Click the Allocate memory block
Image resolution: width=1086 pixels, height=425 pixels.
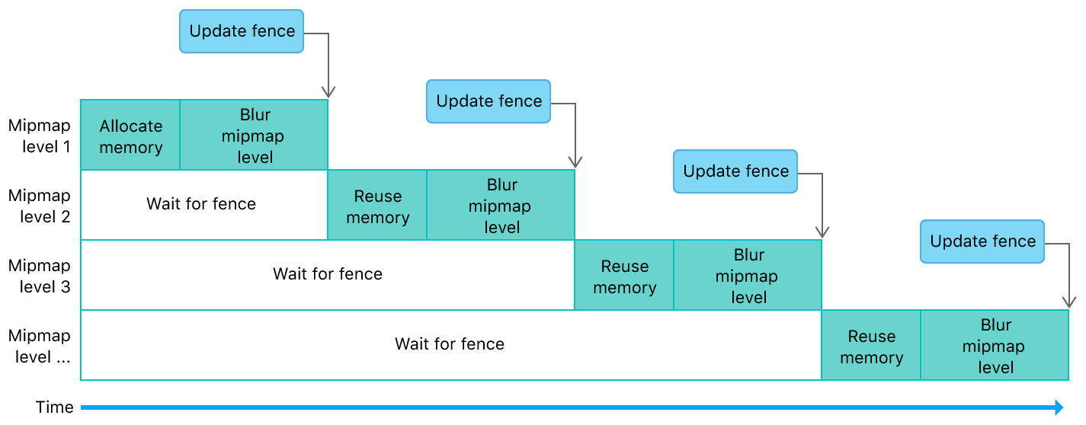click(130, 135)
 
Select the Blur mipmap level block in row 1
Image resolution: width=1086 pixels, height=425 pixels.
click(254, 135)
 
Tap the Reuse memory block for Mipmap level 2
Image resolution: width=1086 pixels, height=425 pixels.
click(377, 205)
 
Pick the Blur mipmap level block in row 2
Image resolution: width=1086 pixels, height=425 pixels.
click(501, 205)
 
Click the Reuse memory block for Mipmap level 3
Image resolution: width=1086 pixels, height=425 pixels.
click(624, 275)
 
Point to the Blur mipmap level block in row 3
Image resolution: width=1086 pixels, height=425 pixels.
click(748, 275)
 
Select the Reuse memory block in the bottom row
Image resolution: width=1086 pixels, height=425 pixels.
click(871, 345)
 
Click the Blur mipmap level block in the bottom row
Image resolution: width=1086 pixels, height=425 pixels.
click(995, 345)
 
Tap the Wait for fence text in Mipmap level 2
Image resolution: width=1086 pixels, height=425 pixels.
click(201, 204)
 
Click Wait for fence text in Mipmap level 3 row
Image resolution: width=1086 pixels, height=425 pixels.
click(328, 274)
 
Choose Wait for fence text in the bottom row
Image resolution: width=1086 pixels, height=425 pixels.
click(450, 344)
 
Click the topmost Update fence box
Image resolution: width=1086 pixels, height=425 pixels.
click(242, 31)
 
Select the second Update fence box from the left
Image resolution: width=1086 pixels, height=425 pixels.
click(489, 101)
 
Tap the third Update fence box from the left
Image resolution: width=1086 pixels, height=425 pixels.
click(735, 171)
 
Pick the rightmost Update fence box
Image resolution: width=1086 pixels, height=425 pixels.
click(982, 241)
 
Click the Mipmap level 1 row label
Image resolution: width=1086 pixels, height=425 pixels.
click(39, 135)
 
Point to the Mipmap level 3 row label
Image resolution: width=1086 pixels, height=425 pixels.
click(39, 275)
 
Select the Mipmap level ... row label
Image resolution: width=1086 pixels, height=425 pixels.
click(39, 345)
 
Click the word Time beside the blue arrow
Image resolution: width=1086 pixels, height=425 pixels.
click(55, 407)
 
